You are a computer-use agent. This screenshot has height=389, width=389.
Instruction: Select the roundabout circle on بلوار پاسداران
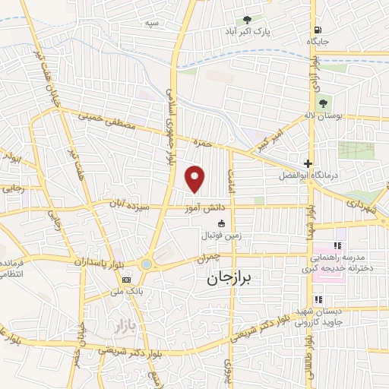(146, 264)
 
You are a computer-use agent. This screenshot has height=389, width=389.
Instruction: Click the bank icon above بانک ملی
(126, 280)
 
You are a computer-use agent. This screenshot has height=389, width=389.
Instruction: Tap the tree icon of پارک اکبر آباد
(247, 20)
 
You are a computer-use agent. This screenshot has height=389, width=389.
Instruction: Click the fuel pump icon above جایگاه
(314, 30)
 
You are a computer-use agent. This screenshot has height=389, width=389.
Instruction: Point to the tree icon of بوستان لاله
(324, 103)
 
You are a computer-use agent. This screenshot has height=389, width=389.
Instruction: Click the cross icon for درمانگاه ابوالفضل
(307, 163)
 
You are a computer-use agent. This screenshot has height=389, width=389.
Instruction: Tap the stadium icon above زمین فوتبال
(221, 224)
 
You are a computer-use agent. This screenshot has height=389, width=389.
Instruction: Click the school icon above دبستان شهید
(319, 299)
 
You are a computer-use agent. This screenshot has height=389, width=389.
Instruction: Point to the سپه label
(153, 24)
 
